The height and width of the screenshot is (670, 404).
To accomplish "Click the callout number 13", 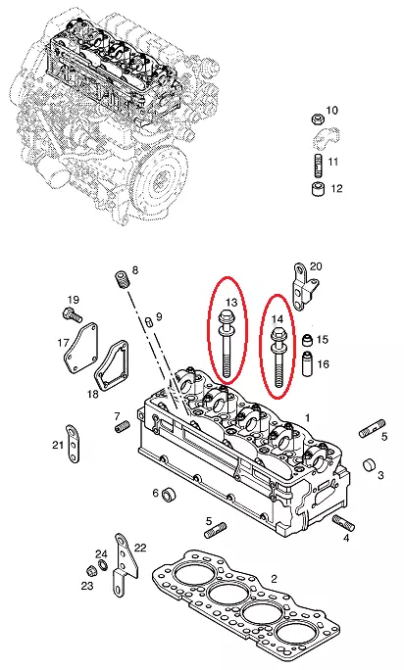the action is point(231,303).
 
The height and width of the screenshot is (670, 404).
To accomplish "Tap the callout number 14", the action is point(278,318).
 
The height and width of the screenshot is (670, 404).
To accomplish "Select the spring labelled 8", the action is point(122,280).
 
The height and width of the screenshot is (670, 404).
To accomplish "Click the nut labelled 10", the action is point(317,118).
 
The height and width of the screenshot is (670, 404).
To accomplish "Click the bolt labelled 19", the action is point(72,315).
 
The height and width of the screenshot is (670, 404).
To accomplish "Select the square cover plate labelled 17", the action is point(80,348).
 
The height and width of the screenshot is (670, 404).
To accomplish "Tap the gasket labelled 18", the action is point(112,365).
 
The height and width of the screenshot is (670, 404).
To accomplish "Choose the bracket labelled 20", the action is point(305,285).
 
